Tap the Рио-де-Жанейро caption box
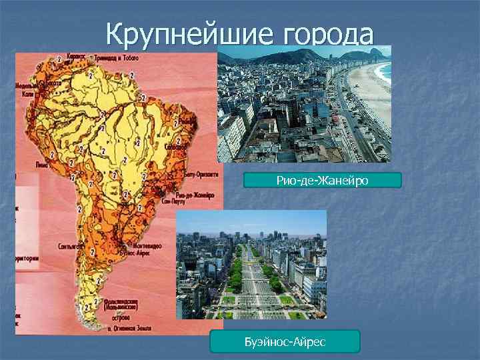click(322, 181)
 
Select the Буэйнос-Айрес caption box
click(285, 341)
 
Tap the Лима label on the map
click(41, 161)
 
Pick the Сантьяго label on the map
click(69, 245)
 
